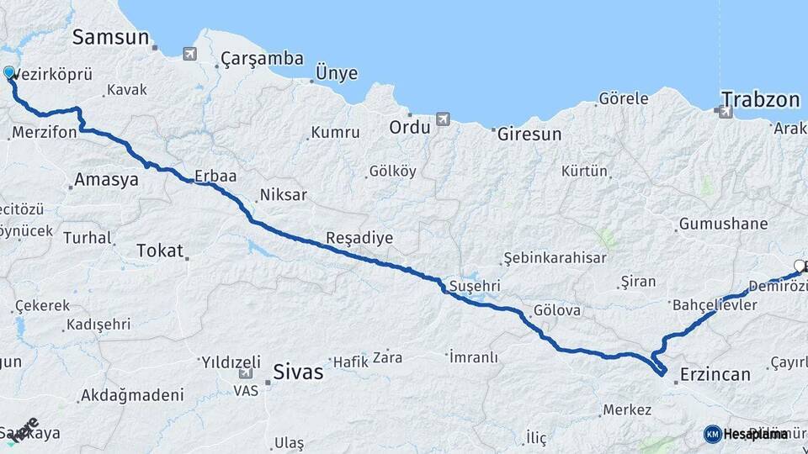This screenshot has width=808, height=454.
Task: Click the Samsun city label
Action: tap(110, 37)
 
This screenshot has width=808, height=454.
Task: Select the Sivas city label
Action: tap(298, 371)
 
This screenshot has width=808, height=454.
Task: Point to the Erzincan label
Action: tap(715, 374)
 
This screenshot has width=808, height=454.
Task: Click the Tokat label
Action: tap(159, 250)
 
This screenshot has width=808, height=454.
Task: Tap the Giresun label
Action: tap(529, 134)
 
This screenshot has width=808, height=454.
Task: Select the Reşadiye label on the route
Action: tap(359, 238)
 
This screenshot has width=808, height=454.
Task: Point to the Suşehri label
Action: tap(475, 284)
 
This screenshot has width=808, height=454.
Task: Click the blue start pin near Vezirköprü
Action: tap(10, 73)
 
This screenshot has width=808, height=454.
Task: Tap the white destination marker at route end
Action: tap(799, 267)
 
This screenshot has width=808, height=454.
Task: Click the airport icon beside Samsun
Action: tap(189, 54)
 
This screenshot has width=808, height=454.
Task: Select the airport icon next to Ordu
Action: tap(443, 119)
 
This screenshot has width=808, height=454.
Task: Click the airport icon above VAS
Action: tap(246, 374)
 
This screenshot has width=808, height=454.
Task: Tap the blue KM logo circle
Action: tap(712, 434)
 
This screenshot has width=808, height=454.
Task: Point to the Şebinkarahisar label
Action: tap(555, 257)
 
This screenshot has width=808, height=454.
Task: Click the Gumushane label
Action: tap(723, 224)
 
